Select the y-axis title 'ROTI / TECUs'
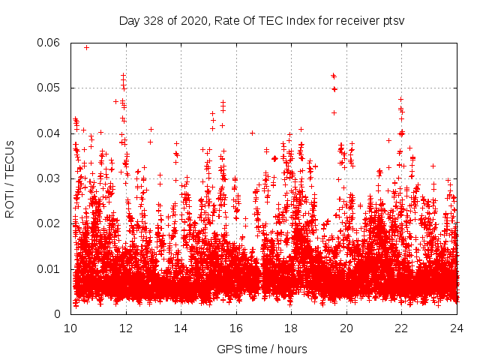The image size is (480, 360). [10, 178]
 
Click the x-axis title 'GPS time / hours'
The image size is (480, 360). [262, 349]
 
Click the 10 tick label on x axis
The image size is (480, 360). [70, 328]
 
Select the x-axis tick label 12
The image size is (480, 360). [126, 328]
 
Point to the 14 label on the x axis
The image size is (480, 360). [181, 328]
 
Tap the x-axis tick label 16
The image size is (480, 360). [236, 328]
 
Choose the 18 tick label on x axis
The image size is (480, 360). [292, 328]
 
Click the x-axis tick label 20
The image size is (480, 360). [346, 328]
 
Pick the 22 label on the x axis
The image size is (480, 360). [402, 328]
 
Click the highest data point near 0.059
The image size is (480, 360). [86, 47]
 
